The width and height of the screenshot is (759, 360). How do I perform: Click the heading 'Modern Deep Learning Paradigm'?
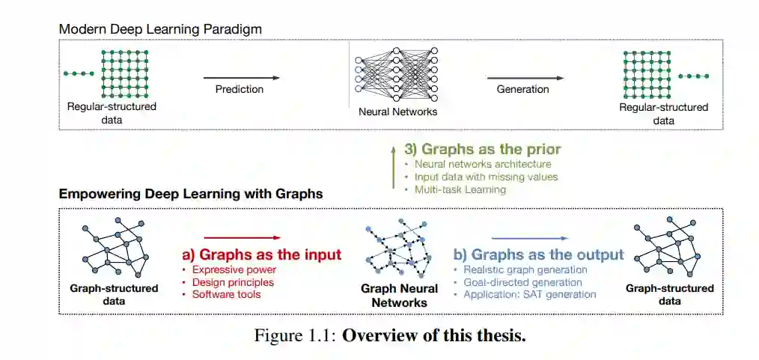point(160,28)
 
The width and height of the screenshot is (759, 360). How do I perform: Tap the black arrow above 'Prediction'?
point(241,77)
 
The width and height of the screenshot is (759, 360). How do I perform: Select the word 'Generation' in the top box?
point(522,89)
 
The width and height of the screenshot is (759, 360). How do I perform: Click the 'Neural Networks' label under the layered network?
point(397,112)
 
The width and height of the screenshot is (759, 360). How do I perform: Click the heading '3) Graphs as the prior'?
point(482,148)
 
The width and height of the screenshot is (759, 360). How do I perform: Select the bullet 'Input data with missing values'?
point(486,177)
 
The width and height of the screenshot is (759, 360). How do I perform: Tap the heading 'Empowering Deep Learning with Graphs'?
point(191,194)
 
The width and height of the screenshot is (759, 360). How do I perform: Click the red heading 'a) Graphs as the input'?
point(262,254)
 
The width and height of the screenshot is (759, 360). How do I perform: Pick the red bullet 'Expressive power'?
point(234,269)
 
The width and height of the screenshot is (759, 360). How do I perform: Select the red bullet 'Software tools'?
point(227,295)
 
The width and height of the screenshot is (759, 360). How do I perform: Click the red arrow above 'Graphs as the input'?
point(242,237)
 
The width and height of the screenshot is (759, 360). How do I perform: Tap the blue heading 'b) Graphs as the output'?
point(539,254)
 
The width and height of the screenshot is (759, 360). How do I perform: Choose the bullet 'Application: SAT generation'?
point(529,294)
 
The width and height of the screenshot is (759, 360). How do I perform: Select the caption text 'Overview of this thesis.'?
point(434,334)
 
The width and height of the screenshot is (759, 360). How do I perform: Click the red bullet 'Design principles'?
point(233,282)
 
